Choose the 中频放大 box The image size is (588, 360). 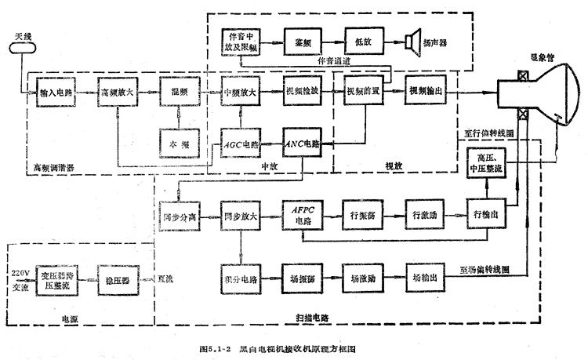[240, 91]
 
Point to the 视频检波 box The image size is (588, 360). [302, 91]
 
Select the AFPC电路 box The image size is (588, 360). [302, 214]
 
